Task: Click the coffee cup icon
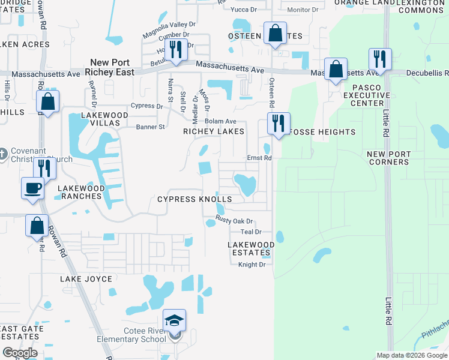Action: (32, 188)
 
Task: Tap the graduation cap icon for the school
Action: (174, 320)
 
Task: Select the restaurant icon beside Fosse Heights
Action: (278, 123)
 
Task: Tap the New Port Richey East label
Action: (110, 67)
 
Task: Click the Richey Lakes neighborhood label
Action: (214, 131)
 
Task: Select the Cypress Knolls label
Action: (194, 199)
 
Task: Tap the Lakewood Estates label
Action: (251, 249)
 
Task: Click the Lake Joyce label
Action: (86, 279)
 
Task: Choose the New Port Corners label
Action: (388, 158)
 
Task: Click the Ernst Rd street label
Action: (260, 158)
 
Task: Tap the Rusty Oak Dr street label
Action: (234, 221)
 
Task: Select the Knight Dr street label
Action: (252, 265)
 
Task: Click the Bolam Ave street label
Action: (220, 121)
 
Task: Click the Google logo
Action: (20, 353)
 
